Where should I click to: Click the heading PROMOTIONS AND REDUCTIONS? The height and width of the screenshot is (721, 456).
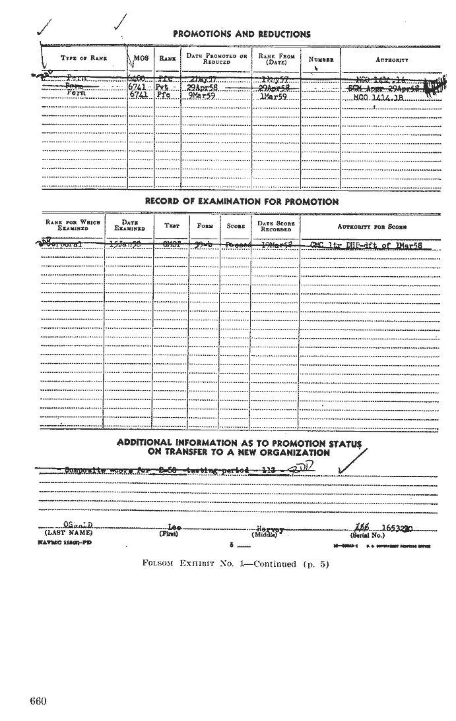tap(242, 34)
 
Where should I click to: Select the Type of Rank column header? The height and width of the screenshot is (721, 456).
tap(79, 59)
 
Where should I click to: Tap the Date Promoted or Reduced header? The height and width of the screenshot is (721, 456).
tap(216, 59)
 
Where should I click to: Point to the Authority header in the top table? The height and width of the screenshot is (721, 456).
tap(392, 59)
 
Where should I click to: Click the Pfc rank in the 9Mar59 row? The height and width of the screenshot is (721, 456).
tap(164, 96)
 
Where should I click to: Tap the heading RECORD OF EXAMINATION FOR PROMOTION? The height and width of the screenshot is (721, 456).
tap(242, 202)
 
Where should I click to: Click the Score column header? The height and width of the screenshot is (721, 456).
tap(236, 226)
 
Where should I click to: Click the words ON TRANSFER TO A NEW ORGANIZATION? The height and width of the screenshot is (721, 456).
tap(239, 453)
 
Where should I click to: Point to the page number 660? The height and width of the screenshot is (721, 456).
tap(38, 701)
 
